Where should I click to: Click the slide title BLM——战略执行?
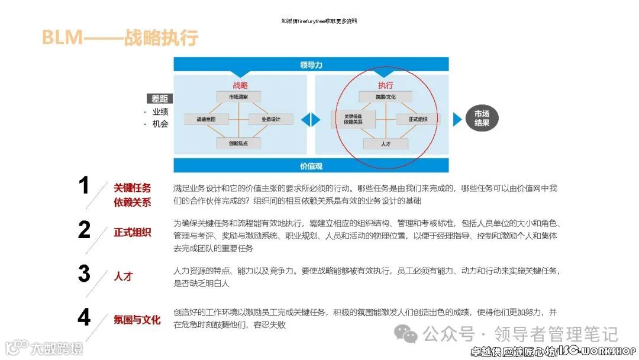[x=120, y=38]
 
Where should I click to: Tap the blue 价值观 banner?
[x=311, y=166]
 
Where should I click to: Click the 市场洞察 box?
[x=238, y=96]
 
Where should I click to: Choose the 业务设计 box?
[x=271, y=119]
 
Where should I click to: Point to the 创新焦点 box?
[x=238, y=143]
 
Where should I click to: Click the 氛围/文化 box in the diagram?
[x=385, y=97]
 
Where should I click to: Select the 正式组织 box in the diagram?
[x=418, y=119]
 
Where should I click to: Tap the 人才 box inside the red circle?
[x=385, y=143]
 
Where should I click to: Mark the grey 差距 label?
[x=160, y=98]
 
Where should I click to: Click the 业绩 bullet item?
[x=160, y=111]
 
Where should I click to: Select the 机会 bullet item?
[x=160, y=124]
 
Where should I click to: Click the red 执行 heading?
[x=385, y=85]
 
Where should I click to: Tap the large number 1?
[x=84, y=186]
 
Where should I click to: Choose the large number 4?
[x=84, y=318]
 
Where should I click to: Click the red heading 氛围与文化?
[x=137, y=320]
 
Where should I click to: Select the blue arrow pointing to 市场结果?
[x=457, y=119]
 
